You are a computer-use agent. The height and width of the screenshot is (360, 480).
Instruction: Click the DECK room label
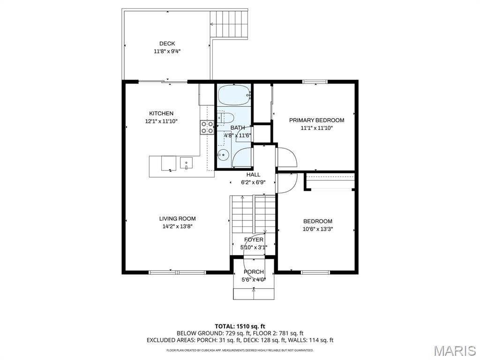[x=167, y=44]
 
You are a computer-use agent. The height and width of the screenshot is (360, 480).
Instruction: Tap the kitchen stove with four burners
[x=207, y=127]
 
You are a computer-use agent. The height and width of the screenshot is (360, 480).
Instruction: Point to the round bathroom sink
[x=224, y=155]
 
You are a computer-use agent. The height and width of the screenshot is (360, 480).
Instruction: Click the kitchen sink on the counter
[x=186, y=163]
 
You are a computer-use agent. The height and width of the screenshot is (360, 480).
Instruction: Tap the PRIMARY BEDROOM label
[x=316, y=120]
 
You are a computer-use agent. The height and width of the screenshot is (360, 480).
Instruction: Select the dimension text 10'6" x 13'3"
[x=318, y=229]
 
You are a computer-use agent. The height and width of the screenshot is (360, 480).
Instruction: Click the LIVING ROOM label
[x=177, y=218]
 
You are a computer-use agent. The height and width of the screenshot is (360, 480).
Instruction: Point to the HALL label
[x=253, y=174]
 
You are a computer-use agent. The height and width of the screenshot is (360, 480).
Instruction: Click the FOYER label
[x=254, y=240]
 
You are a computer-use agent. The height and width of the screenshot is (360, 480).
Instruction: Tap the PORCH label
[x=254, y=272]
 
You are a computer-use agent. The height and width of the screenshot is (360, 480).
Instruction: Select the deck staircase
[x=229, y=24]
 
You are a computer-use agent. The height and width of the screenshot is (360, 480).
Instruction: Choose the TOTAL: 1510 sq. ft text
[x=240, y=326]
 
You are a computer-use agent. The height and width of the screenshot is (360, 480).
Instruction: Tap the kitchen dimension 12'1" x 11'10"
[x=161, y=121]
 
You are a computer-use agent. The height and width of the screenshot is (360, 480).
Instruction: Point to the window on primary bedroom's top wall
[x=315, y=82]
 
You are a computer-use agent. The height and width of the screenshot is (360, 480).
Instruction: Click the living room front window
[x=177, y=272]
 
